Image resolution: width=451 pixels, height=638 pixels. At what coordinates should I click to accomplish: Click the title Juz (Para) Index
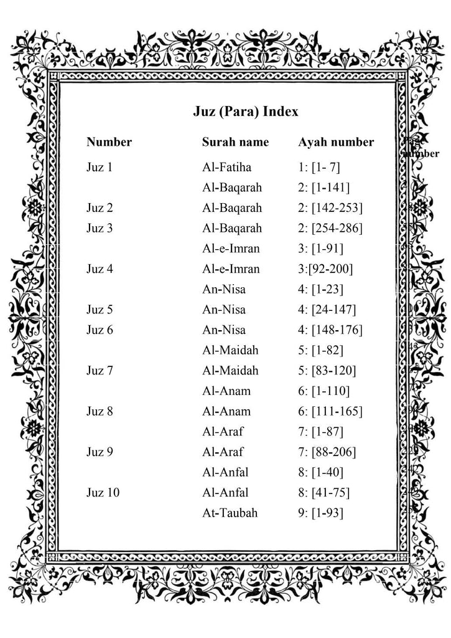click(245, 112)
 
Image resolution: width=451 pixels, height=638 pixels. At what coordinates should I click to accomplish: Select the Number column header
click(109, 142)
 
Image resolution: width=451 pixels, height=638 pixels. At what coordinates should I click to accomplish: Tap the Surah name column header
click(235, 142)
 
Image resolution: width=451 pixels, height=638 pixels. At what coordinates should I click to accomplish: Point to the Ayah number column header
click(336, 142)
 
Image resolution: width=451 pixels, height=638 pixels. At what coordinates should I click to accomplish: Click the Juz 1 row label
click(100, 167)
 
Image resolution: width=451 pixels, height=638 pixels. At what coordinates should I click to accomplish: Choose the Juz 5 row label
click(100, 310)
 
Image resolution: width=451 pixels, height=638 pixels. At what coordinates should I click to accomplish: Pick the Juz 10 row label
click(103, 493)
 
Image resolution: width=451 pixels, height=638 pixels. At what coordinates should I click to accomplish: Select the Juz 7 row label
click(100, 371)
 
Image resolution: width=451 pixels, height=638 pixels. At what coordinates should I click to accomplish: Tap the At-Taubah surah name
click(230, 513)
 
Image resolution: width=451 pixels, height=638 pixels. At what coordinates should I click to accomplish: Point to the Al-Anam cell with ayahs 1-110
click(226, 391)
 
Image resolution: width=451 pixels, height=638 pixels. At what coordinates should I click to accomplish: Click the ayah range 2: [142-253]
click(330, 207)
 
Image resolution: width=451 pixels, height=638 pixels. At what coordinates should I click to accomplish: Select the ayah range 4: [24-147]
click(327, 310)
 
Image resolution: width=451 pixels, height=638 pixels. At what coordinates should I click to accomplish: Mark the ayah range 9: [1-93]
click(320, 513)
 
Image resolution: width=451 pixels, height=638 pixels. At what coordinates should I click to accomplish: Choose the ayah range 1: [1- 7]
click(319, 167)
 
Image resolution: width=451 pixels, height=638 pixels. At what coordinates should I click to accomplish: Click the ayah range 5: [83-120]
click(327, 371)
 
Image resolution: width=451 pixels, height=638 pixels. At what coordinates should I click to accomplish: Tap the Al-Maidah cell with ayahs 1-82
click(230, 350)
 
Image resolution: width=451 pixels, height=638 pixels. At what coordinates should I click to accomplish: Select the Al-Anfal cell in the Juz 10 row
click(225, 493)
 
